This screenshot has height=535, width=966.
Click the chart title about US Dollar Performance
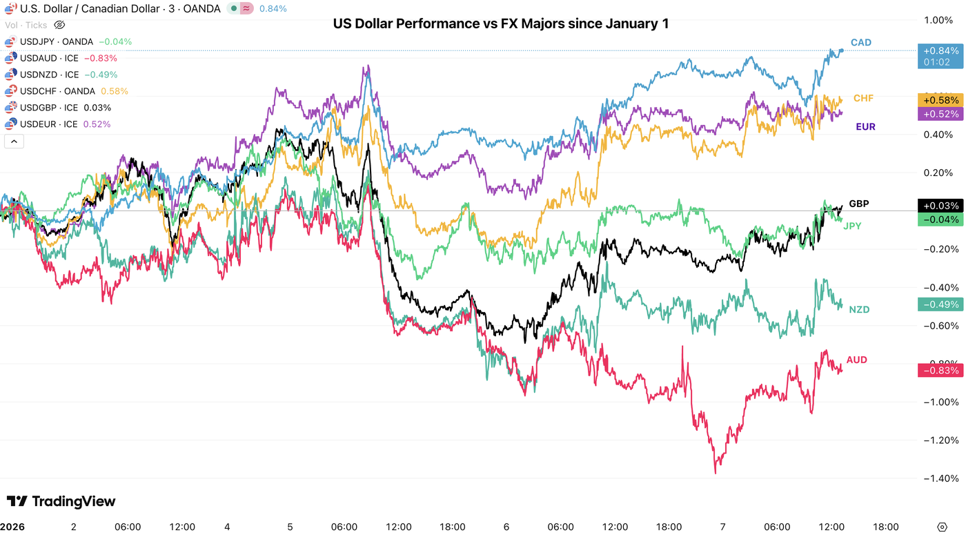[500, 24]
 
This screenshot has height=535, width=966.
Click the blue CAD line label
[860, 43]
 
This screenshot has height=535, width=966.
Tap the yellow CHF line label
[863, 99]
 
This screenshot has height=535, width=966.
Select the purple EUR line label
[865, 127]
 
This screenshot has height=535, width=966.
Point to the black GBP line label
[858, 204]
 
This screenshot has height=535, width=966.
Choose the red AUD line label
[857, 360]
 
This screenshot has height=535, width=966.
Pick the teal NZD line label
[859, 310]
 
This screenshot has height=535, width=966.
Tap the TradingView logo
[61, 502]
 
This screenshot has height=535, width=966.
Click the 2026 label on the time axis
[13, 527]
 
